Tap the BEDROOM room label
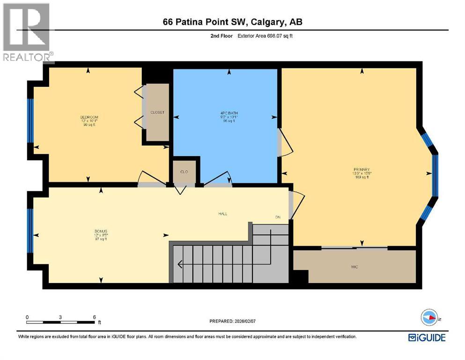tap(89, 117)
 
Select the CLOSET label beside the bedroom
tap(157, 112)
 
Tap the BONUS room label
tap(101, 231)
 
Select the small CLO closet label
tap(184, 172)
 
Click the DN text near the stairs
tap(278, 217)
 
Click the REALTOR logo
tap(27, 33)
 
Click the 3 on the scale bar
tap(60, 317)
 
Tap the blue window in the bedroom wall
tap(31, 120)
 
